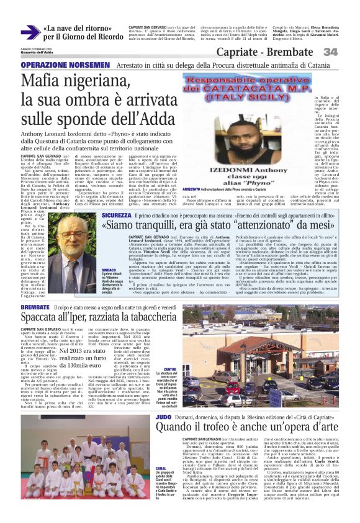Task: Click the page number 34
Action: pyautogui.click(x=347, y=52)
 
